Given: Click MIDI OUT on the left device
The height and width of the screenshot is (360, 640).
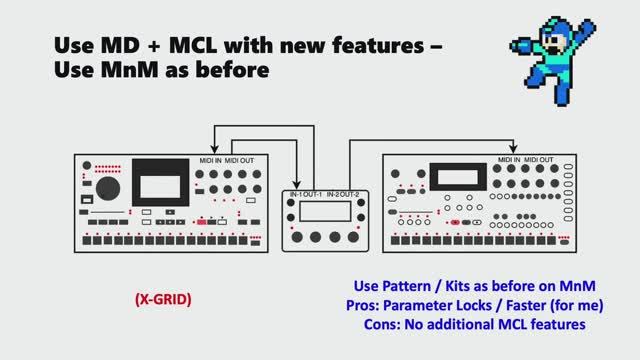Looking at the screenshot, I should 241,160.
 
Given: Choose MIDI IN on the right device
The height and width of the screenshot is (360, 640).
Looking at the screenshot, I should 512,160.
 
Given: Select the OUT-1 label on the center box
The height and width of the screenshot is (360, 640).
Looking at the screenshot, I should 319,193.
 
